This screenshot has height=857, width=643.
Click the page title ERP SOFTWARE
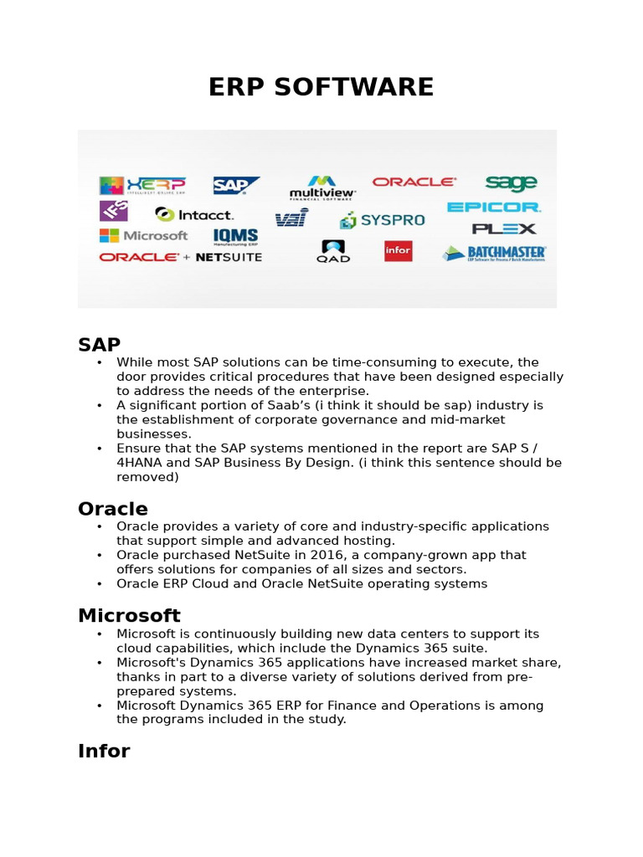coord(321,87)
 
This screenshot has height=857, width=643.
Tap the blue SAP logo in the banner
coord(236,185)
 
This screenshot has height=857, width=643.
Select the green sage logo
coord(511,182)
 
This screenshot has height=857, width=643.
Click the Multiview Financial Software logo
coord(322,187)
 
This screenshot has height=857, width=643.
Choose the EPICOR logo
coord(494,207)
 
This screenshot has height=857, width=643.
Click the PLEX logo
coord(503,228)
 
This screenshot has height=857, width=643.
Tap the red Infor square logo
coord(398,251)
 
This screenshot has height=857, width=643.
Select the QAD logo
coord(333,251)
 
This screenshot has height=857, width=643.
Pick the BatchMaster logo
coord(495,253)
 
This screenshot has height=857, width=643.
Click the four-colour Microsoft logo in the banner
coord(144,236)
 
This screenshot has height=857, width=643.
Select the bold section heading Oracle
coord(113,509)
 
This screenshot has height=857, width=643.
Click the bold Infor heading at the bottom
coord(104,751)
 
